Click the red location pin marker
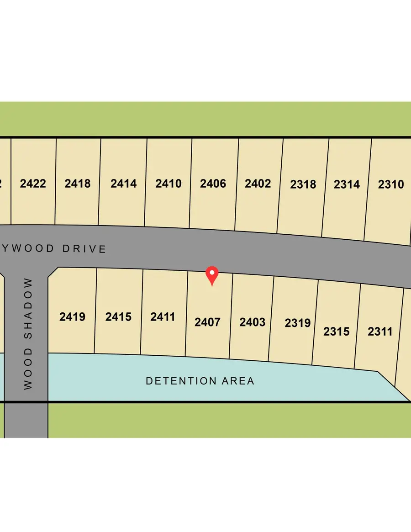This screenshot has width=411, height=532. click(212, 274)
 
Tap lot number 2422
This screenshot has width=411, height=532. click(33, 184)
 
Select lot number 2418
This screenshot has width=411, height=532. click(78, 184)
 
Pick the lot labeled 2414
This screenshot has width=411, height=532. click(124, 184)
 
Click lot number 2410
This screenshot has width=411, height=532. click(169, 184)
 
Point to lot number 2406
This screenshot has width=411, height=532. click(213, 184)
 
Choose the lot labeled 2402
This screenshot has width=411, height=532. click(258, 184)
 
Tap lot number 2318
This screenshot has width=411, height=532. click(303, 184)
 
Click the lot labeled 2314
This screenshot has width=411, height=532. click(347, 184)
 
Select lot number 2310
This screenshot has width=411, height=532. click(391, 184)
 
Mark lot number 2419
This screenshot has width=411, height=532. click(72, 316)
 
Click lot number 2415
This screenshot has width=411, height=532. click(118, 316)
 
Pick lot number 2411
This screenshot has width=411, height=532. click(163, 316)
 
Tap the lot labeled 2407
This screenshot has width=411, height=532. click(207, 322)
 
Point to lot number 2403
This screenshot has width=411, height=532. click(253, 322)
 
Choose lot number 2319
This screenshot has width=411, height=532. click(297, 323)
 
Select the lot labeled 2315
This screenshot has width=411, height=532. click(337, 332)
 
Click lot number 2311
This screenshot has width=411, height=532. click(380, 332)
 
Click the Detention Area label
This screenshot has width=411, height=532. click(200, 381)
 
